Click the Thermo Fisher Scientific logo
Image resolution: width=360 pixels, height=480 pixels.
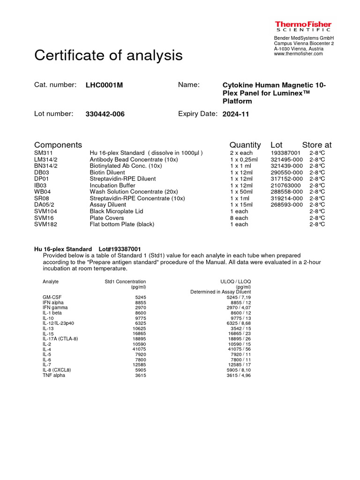[x=303, y=26]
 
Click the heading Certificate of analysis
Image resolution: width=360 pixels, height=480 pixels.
[x=108, y=56]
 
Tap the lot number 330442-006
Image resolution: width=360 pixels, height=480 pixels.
[x=105, y=114]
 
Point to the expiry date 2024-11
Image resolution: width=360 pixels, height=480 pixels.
[x=236, y=114]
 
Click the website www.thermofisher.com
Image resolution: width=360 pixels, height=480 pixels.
[x=298, y=54]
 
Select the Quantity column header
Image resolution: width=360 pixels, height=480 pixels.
[x=245, y=145]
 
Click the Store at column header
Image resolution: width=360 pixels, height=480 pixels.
[x=316, y=145]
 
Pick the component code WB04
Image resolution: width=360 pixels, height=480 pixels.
[x=42, y=192]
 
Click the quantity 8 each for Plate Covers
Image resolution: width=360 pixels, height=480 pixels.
[x=239, y=218]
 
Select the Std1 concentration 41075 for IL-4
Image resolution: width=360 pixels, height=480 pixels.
[x=138, y=349]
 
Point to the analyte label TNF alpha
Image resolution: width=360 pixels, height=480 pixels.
[x=54, y=375]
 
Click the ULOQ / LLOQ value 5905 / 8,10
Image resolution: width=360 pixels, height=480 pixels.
[x=239, y=370]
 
